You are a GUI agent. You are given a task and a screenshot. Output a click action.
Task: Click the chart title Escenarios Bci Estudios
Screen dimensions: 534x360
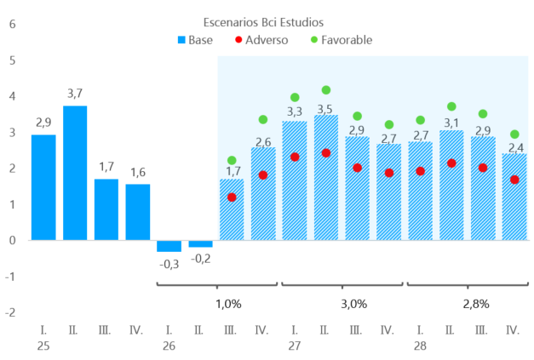(263, 22)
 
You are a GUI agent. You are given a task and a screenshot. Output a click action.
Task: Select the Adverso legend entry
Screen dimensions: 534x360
(261, 40)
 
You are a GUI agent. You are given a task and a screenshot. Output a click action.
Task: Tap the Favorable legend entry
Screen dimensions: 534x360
(342, 40)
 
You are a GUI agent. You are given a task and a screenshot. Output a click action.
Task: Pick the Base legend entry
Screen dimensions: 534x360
(195, 40)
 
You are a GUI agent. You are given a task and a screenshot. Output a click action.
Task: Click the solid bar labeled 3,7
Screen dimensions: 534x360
(75, 173)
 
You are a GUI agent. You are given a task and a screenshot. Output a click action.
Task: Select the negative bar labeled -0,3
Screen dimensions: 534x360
(169, 246)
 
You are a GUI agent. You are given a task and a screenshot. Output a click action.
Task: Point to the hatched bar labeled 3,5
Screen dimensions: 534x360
(326, 177)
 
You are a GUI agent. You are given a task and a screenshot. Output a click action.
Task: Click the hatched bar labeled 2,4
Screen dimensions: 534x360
(514, 197)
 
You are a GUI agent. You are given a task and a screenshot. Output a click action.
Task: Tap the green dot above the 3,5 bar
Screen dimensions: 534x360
(326, 90)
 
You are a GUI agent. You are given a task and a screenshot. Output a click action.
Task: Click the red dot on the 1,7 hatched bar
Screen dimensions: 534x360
(232, 197)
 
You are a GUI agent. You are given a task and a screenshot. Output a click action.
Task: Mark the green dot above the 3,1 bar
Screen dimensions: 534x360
(451, 106)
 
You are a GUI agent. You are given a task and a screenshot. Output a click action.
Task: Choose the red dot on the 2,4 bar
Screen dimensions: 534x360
(514, 180)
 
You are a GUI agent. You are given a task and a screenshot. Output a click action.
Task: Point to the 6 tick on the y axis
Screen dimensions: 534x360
(13, 24)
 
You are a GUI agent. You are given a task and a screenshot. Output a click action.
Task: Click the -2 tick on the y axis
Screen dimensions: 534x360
(10, 312)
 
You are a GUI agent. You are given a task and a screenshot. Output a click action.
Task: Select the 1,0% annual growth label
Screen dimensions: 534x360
(228, 304)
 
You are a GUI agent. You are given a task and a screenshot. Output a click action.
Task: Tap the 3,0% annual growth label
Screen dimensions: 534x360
(354, 304)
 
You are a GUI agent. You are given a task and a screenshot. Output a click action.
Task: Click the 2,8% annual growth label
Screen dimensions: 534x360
(476, 304)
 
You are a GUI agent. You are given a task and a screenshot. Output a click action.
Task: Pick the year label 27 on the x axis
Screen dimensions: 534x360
(295, 346)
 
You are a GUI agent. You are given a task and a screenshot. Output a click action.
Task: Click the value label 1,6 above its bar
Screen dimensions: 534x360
(138, 173)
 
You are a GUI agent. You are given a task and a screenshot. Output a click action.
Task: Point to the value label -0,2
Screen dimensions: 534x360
(201, 259)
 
